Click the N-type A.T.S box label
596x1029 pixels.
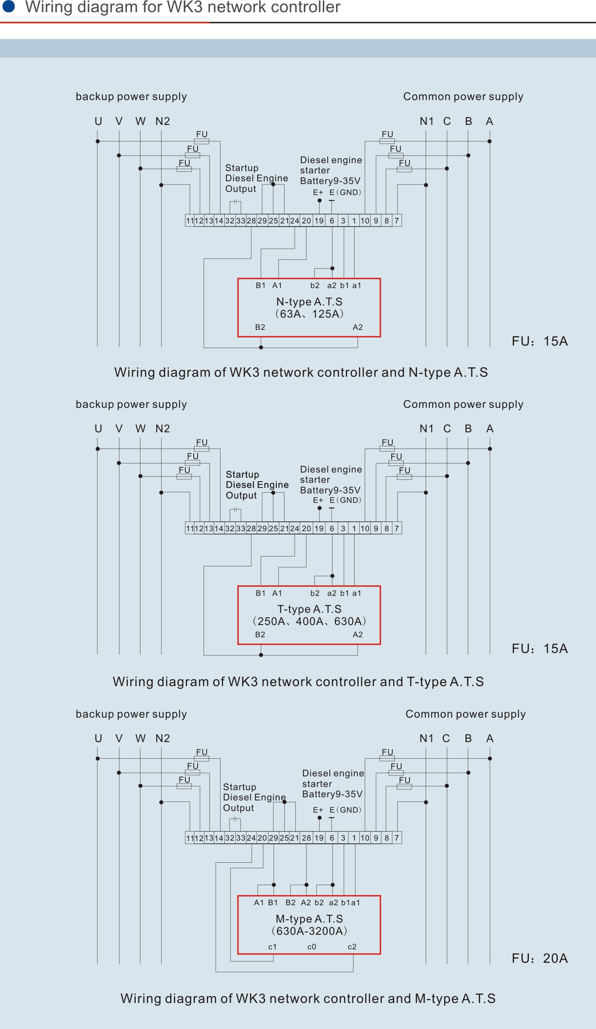click(x=309, y=302)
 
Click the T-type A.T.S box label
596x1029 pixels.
click(x=309, y=609)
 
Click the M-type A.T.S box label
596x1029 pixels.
click(x=309, y=919)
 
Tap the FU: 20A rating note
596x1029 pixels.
click(x=540, y=958)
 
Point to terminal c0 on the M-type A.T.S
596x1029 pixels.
click(x=312, y=947)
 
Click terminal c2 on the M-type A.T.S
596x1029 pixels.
click(x=352, y=947)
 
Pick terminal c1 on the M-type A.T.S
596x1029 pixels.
click(x=272, y=947)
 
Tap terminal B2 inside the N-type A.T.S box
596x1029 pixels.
click(x=260, y=327)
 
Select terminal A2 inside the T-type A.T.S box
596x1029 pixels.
click(x=358, y=635)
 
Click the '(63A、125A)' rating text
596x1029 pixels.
click(x=309, y=314)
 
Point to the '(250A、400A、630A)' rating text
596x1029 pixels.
click(x=309, y=621)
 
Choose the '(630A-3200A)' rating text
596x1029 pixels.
click(x=309, y=931)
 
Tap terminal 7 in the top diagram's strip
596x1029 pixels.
click(x=396, y=221)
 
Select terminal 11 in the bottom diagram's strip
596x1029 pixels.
click(x=190, y=838)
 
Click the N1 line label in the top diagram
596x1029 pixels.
click(x=426, y=121)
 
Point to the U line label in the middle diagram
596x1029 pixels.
click(x=98, y=429)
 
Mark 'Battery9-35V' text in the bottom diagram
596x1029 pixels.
click(x=332, y=794)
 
